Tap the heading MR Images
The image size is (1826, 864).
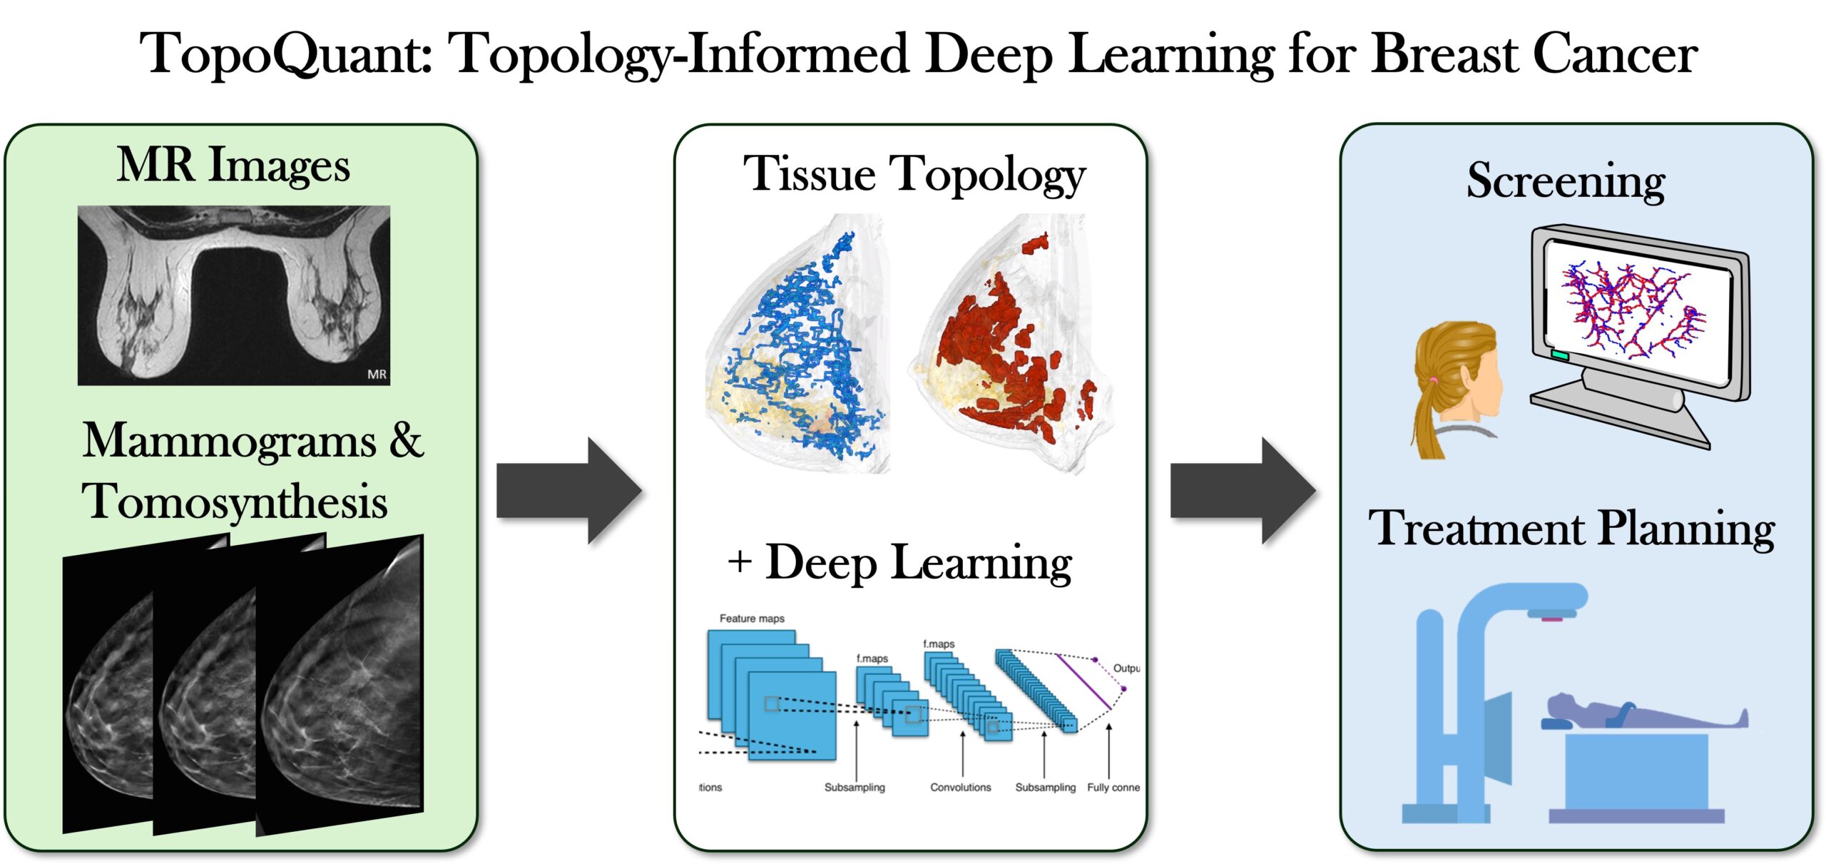pyautogui.click(x=233, y=166)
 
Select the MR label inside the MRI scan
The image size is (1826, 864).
pyautogui.click(x=377, y=374)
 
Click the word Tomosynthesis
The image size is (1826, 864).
pyautogui.click(x=235, y=502)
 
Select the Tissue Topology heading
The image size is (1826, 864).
pyautogui.click(x=914, y=175)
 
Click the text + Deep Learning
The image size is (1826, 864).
pyautogui.click(x=900, y=564)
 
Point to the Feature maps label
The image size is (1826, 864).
pyautogui.click(x=752, y=619)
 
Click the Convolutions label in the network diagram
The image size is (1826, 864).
pyautogui.click(x=960, y=787)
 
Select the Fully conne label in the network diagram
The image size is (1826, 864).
pyautogui.click(x=1113, y=787)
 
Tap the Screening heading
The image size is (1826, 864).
pyautogui.click(x=1566, y=181)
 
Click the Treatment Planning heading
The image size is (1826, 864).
pyautogui.click(x=1571, y=529)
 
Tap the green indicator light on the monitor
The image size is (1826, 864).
pyautogui.click(x=1560, y=355)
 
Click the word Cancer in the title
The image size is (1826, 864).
pyautogui.click(x=1616, y=54)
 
